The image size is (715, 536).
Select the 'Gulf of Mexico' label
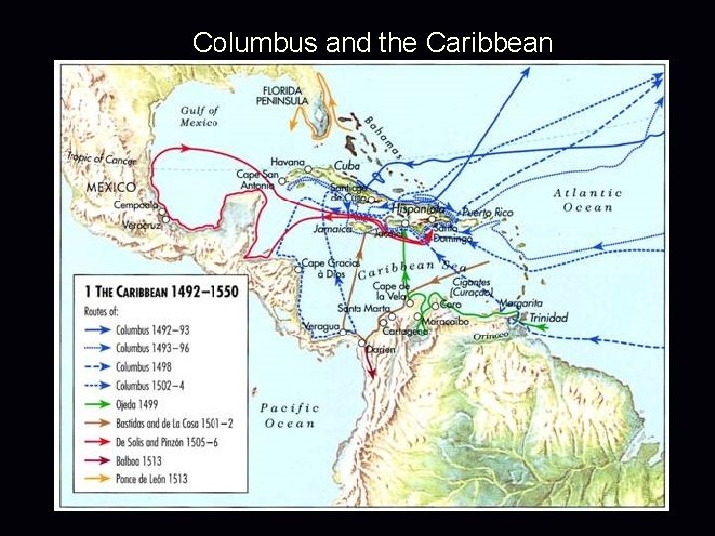tap(199, 116)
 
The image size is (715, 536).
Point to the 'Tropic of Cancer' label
tap(101, 157)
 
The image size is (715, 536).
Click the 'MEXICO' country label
tap(111, 187)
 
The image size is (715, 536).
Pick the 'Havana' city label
tap(286, 162)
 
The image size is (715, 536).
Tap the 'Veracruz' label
tap(136, 225)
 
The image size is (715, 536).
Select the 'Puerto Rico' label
tap(490, 212)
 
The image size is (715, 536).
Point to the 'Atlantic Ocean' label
tap(588, 200)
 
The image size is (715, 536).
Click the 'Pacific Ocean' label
tap(289, 415)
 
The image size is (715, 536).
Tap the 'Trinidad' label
tap(548, 318)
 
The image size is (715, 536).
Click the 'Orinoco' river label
tap(491, 336)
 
